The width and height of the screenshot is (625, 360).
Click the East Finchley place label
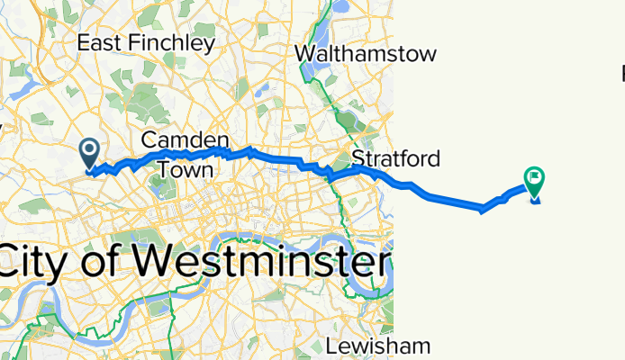point(146,42)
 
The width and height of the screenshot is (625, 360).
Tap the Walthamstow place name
point(366,54)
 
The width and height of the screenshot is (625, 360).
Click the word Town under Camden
point(186,169)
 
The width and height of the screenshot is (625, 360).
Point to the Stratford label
point(395,159)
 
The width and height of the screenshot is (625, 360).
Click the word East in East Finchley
point(96,42)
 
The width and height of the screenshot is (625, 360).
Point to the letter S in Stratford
point(358,159)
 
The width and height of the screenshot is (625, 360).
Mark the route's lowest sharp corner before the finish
point(483,211)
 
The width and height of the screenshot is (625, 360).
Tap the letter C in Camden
point(149,140)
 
